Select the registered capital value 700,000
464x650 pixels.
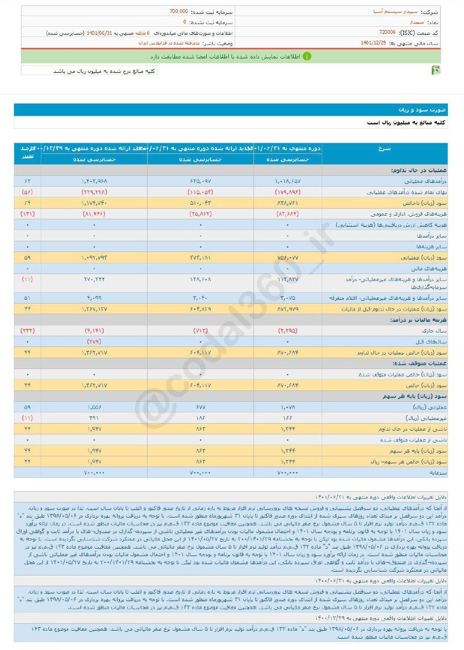177,11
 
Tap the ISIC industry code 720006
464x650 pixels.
388,32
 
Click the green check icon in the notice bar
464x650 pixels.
306,56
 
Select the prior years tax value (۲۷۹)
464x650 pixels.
95,341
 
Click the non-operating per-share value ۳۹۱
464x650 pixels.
95,418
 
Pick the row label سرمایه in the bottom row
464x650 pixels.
438,472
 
